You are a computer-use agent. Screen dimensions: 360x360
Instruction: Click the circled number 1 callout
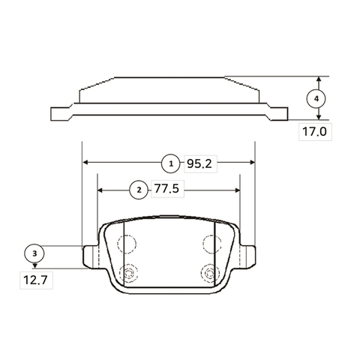point(171,163)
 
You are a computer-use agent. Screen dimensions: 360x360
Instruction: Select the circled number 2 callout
point(139,190)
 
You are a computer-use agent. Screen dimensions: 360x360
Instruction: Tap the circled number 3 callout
point(34,253)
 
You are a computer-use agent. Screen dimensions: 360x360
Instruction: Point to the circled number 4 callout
point(316,99)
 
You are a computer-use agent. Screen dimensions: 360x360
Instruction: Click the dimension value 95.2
point(199,164)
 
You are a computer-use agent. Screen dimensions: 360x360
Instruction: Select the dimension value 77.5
point(166,188)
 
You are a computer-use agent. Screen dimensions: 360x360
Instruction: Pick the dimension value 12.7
point(35,280)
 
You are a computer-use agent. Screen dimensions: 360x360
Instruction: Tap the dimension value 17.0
point(314,132)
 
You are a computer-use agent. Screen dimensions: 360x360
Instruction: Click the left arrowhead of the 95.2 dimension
point(85,163)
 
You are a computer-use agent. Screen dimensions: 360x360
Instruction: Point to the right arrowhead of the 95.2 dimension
point(252,163)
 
